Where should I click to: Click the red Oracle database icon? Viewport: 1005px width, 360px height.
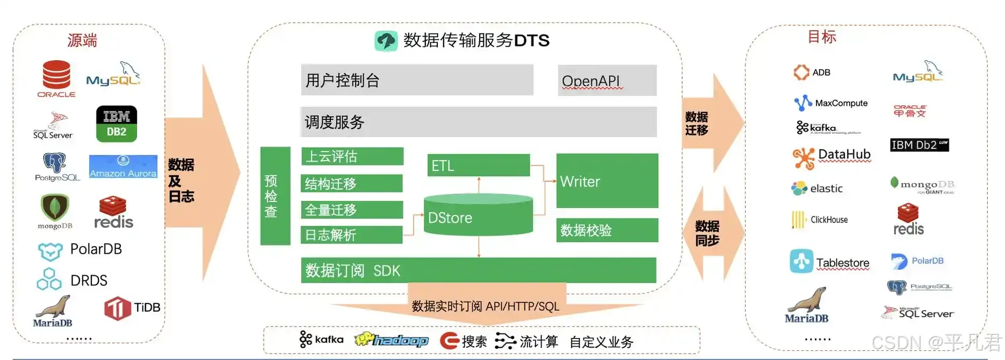[x=56, y=75]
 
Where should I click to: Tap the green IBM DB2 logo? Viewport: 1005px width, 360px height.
[x=117, y=124]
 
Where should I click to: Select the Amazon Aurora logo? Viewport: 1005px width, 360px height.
[x=123, y=167]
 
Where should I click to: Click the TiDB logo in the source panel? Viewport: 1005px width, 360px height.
[x=118, y=308]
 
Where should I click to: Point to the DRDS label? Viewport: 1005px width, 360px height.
[x=89, y=280]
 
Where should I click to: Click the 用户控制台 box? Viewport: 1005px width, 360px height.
[x=417, y=80]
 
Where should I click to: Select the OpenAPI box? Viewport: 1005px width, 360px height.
[x=607, y=81]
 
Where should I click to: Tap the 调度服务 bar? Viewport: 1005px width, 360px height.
[x=478, y=122]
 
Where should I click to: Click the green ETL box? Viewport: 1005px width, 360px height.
[x=479, y=165]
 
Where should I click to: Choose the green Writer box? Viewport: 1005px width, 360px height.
[x=607, y=181]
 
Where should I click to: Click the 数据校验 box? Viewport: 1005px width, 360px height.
[x=607, y=231]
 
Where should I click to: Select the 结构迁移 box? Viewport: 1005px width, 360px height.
[x=352, y=184]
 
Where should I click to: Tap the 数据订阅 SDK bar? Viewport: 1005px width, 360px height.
[x=478, y=270]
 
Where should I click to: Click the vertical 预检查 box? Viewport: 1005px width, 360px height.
[x=275, y=196]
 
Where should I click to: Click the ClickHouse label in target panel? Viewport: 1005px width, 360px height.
[x=829, y=220]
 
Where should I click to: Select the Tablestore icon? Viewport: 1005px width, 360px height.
[x=801, y=262]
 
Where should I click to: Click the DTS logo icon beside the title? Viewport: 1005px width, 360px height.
[x=386, y=41]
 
